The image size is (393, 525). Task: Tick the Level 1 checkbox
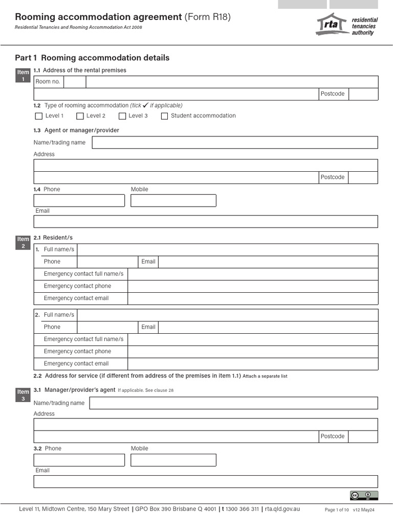click(x=39, y=116)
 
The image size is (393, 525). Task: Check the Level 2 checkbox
click(x=80, y=116)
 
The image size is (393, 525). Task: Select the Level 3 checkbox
click(x=122, y=116)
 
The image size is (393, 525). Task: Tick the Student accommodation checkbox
click(x=164, y=116)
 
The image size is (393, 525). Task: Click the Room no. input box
click(x=75, y=82)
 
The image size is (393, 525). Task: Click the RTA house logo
click(x=332, y=25)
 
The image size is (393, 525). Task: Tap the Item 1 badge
click(x=23, y=75)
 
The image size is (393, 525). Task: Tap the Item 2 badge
click(x=23, y=243)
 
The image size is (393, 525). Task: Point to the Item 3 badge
click(x=23, y=395)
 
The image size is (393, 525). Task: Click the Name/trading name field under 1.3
click(x=235, y=143)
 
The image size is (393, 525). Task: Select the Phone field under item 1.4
click(x=79, y=200)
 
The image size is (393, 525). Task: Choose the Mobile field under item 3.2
click(x=173, y=460)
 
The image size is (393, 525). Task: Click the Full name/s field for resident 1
click(x=227, y=250)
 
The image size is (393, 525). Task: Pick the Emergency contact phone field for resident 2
click(x=253, y=352)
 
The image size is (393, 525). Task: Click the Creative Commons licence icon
click(x=364, y=495)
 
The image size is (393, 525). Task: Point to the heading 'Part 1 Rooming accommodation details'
click(x=92, y=58)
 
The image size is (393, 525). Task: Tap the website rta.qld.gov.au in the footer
click(x=282, y=509)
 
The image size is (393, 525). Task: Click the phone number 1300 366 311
click(x=242, y=509)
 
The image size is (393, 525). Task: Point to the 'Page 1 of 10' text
click(x=337, y=510)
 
